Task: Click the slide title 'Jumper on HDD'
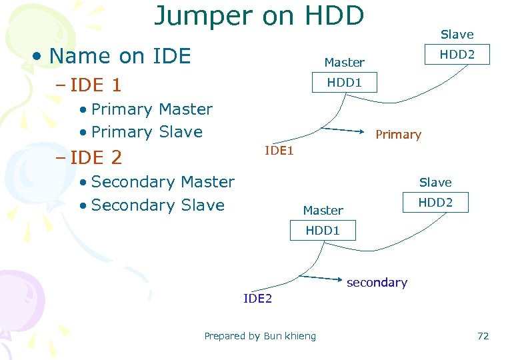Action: (x=259, y=16)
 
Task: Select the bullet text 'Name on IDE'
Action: (x=120, y=56)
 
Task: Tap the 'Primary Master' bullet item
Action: (x=151, y=109)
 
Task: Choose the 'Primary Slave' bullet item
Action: (x=147, y=132)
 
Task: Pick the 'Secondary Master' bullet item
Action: (x=163, y=182)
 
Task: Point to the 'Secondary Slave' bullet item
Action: (x=157, y=205)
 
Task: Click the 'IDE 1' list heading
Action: (x=97, y=85)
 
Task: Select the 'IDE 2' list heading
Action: (x=97, y=158)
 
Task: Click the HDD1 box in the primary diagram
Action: (x=344, y=82)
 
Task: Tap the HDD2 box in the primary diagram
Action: (x=457, y=54)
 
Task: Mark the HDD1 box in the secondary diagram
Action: (x=323, y=231)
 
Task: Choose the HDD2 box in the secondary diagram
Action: (x=435, y=202)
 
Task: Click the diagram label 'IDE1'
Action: (x=279, y=151)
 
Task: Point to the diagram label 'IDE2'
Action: (x=258, y=299)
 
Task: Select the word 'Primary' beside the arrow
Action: (x=398, y=135)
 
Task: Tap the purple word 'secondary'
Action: (x=377, y=283)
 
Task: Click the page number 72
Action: (x=483, y=336)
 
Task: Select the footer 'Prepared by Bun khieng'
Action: (x=260, y=336)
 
